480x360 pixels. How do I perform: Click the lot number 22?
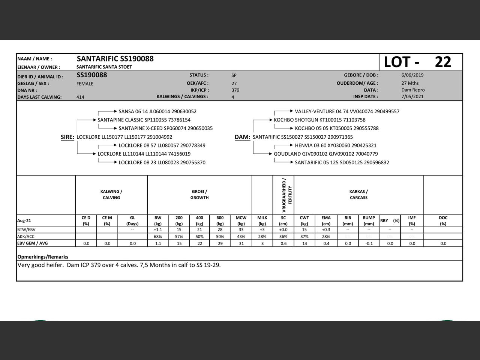point(443,62)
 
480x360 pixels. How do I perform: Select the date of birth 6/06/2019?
point(412,75)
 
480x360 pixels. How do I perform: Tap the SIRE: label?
point(67,137)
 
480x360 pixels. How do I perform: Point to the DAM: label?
point(242,137)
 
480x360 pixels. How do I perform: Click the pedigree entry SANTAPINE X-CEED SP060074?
point(165,128)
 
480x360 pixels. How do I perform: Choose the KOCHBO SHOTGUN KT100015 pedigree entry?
point(319,120)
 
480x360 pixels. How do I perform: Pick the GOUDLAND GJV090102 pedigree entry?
point(325,154)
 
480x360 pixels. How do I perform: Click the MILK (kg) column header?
point(262,220)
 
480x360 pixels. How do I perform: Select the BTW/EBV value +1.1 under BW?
point(158,229)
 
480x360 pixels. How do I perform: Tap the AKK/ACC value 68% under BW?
point(158,237)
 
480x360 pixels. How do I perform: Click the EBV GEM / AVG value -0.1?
point(369,243)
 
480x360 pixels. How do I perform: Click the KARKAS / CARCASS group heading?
point(358,195)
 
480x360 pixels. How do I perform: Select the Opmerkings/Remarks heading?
point(43,257)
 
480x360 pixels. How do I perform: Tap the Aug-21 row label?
point(24,220)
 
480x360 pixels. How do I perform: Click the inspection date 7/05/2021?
point(412,96)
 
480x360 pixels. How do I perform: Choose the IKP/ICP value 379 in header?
point(235,90)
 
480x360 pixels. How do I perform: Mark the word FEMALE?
point(85,84)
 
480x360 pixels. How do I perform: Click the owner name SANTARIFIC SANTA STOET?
point(104,67)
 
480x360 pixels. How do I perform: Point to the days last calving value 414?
point(80,97)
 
